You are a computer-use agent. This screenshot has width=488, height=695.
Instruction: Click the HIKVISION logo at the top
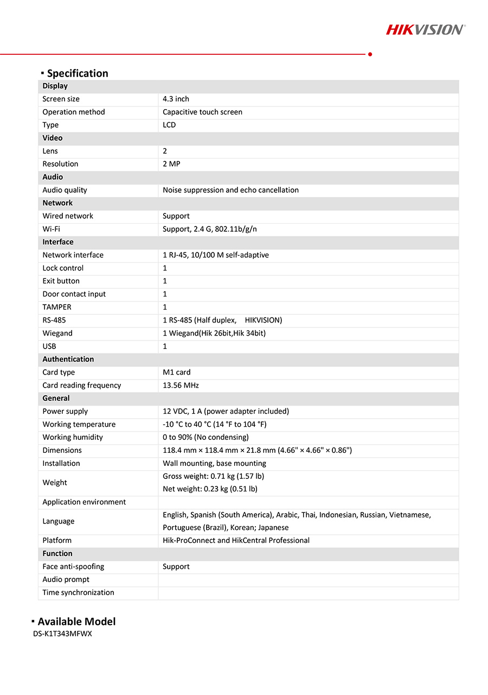(x=425, y=29)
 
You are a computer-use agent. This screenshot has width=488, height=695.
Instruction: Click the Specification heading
(x=78, y=73)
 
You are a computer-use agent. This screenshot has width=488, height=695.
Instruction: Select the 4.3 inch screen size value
(x=176, y=99)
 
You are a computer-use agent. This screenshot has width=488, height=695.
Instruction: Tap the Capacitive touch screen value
(x=202, y=112)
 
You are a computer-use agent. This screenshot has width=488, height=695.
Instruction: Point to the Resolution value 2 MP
(x=171, y=164)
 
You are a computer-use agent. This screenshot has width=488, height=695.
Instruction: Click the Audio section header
(x=53, y=177)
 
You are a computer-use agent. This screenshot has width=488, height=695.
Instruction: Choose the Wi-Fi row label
(x=52, y=229)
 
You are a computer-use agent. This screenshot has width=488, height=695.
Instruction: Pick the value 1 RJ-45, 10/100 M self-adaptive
(x=216, y=255)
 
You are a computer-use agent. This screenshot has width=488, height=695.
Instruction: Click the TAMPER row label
(x=57, y=307)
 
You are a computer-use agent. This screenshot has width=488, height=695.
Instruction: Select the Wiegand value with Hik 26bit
(x=214, y=333)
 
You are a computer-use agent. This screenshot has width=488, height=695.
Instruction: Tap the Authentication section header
(x=68, y=359)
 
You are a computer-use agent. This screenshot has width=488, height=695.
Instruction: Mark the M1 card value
(x=177, y=372)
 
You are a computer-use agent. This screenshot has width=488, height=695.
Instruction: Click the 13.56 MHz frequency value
(x=181, y=386)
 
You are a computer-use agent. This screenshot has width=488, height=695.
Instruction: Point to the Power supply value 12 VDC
(x=226, y=412)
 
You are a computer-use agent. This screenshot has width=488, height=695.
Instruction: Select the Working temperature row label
(x=79, y=425)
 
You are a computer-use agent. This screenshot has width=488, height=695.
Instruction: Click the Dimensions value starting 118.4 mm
(x=257, y=451)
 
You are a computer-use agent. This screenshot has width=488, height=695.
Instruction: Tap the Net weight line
(x=210, y=489)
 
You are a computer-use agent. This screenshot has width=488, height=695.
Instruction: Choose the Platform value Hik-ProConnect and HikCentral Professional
(x=236, y=541)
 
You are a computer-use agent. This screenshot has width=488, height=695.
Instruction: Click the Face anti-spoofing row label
(x=73, y=567)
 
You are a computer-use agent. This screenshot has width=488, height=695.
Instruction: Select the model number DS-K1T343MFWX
(x=62, y=634)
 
